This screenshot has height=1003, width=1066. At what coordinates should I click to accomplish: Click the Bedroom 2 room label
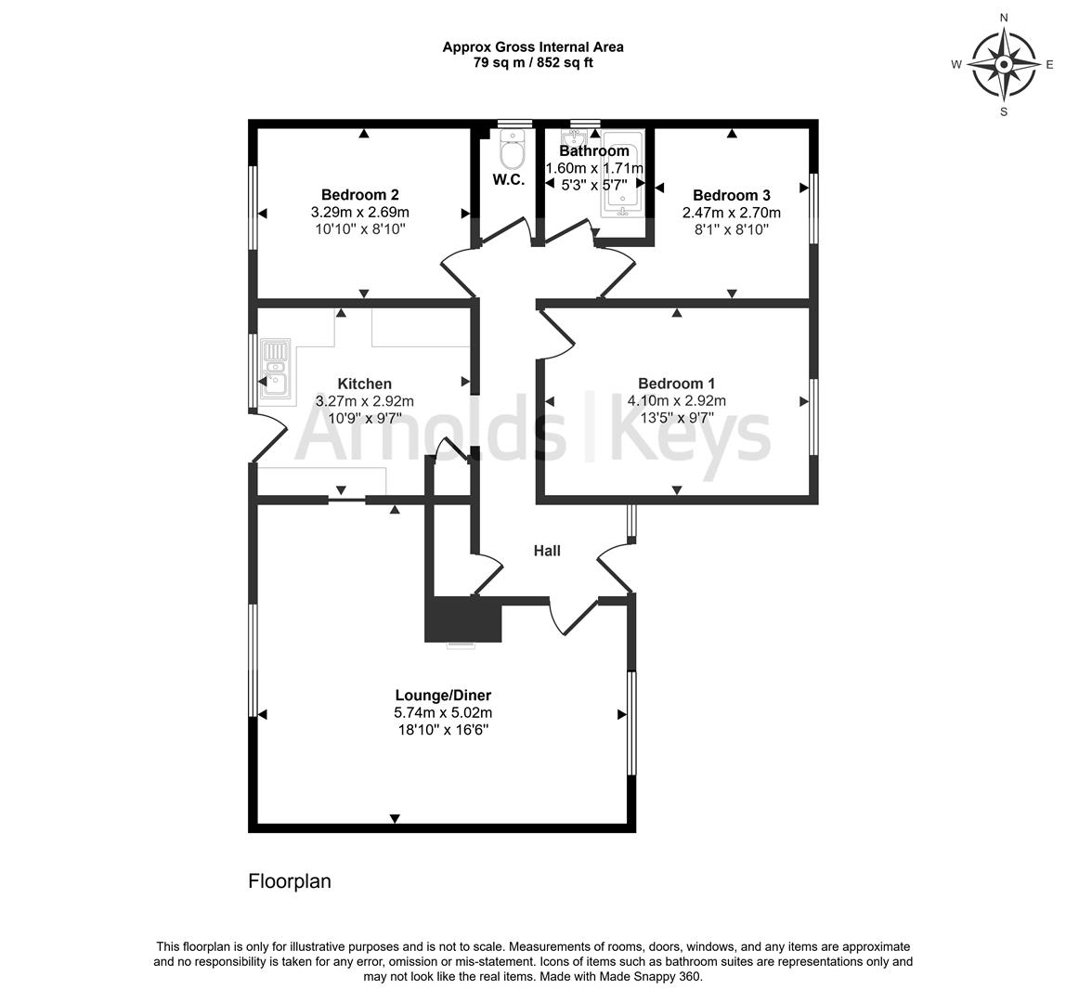[359, 195]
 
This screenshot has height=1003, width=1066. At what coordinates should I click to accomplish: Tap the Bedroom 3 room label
[732, 196]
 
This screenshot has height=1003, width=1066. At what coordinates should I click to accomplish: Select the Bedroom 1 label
[676, 384]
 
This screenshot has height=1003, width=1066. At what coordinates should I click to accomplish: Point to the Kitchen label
[364, 384]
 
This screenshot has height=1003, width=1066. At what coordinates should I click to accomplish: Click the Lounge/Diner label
[443, 696]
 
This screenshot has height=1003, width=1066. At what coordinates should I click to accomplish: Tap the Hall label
[547, 551]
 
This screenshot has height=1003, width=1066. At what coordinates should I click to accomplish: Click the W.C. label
[509, 180]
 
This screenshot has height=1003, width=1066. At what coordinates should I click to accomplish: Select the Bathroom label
[594, 151]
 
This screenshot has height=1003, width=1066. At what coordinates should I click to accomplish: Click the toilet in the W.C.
[513, 149]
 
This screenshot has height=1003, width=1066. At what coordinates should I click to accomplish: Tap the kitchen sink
[276, 372]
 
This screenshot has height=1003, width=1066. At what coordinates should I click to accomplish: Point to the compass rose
[1004, 65]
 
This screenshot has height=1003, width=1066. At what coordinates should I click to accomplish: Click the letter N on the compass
[1004, 18]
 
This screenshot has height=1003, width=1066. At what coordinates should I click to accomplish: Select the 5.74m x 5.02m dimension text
[443, 713]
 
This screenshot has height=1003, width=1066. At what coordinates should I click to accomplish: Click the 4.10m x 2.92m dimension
[676, 401]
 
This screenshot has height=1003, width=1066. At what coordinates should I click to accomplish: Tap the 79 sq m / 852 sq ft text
[533, 62]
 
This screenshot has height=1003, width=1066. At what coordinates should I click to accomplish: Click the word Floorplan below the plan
[290, 881]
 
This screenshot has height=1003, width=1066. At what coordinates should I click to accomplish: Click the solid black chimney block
[463, 619]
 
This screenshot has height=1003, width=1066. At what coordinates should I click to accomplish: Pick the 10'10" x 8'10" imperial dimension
[360, 229]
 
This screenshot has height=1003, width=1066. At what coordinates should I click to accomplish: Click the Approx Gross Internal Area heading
[533, 47]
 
